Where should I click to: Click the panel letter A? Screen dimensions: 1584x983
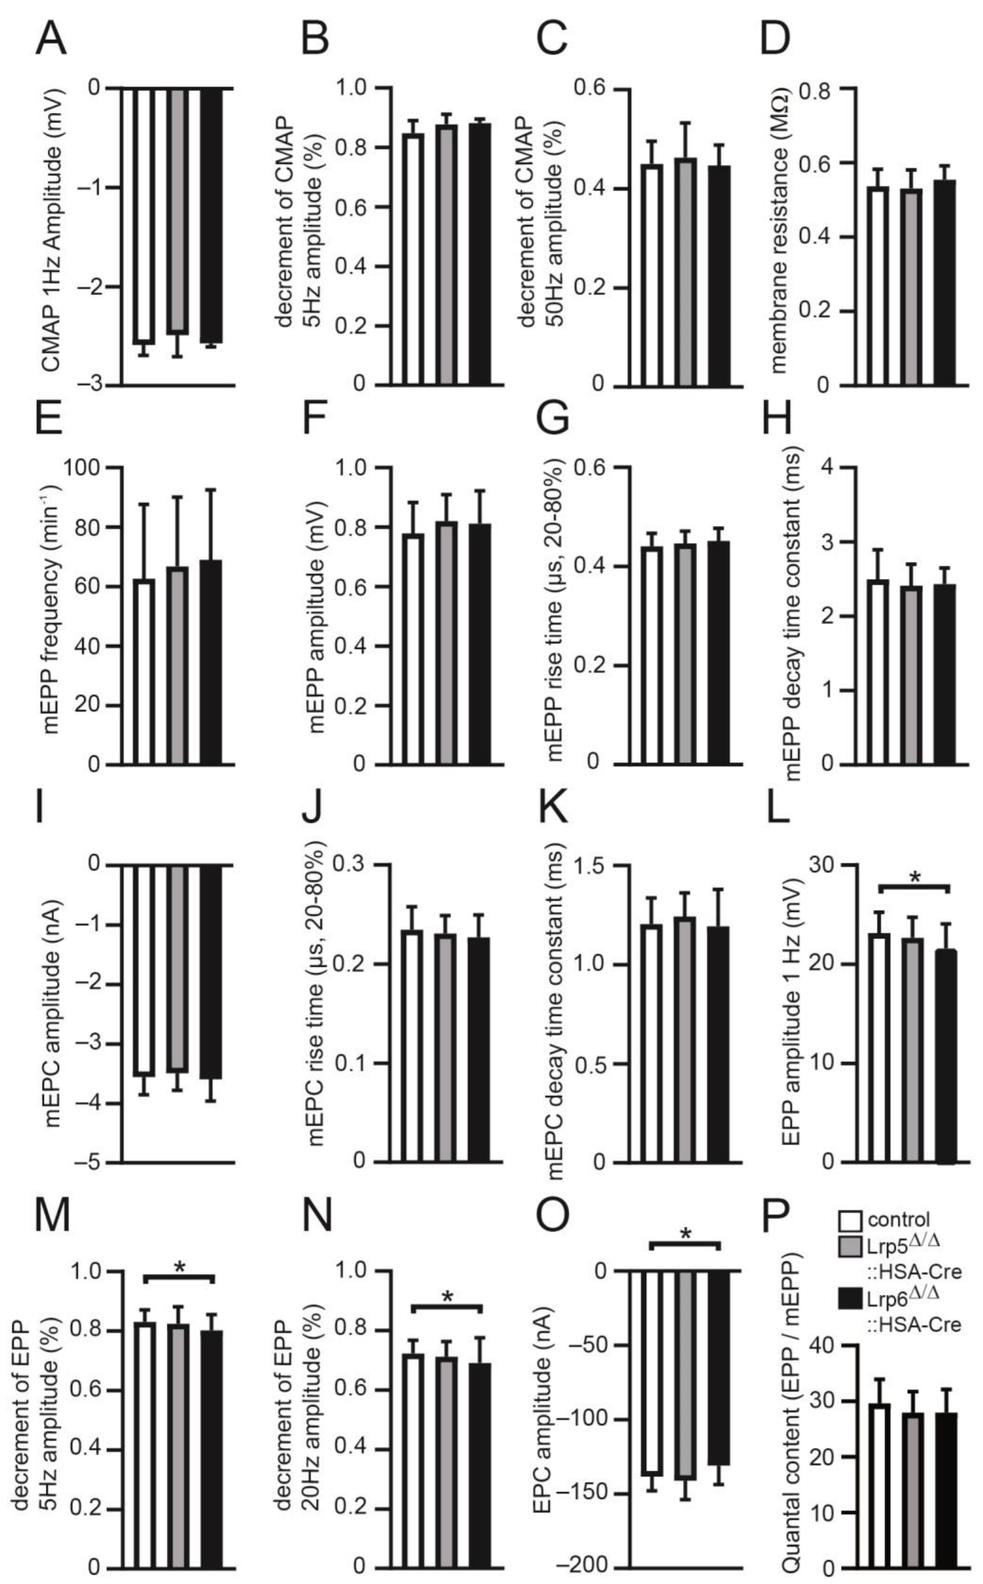tap(51, 39)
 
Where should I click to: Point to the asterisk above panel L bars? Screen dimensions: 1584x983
tap(913, 878)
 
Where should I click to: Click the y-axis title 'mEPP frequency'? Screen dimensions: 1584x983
tap(50, 615)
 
